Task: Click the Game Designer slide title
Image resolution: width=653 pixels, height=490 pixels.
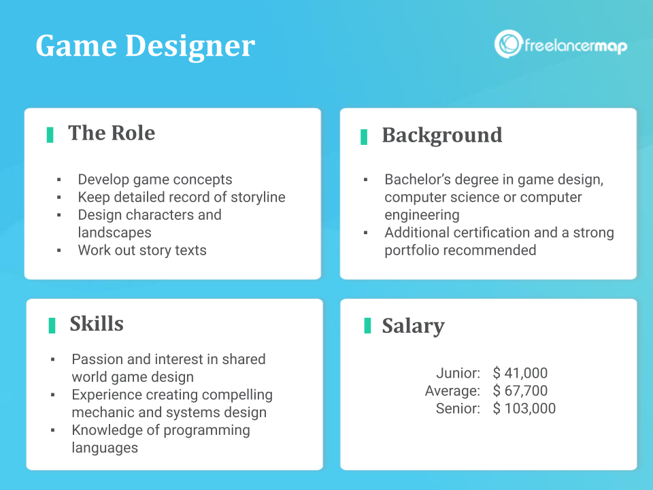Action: point(145,46)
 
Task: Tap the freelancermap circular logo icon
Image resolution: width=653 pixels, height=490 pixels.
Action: point(507,44)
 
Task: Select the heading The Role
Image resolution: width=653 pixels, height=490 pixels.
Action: point(112,133)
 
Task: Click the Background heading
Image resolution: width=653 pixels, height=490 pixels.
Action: point(441,135)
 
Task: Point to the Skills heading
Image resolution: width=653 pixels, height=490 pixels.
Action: point(97,323)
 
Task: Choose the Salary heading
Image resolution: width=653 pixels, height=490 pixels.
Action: point(413,325)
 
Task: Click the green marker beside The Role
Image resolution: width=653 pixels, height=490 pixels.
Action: point(50,134)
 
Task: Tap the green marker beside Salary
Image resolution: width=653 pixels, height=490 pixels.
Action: point(367,325)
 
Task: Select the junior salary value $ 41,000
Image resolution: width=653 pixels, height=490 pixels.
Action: point(520,373)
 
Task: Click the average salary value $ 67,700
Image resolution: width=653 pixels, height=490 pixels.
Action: point(520,391)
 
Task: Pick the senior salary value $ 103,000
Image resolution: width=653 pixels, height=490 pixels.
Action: point(524,408)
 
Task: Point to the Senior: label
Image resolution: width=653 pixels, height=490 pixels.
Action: point(458,408)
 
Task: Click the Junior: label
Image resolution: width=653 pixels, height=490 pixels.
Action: point(458,373)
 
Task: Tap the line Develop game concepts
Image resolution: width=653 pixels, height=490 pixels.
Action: point(155,180)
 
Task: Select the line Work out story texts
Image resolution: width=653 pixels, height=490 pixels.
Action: point(142,250)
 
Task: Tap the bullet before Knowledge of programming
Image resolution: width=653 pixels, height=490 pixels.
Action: point(53,430)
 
